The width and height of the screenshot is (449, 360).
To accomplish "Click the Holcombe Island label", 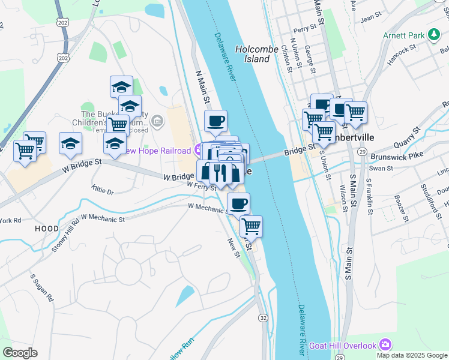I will point(253,54).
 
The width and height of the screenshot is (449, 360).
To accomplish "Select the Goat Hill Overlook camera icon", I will point(385,345).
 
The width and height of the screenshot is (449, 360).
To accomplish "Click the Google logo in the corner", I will point(20,353).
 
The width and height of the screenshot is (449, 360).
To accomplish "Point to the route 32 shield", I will point(264,317).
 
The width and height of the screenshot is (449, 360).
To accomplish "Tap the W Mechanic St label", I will point(207,207).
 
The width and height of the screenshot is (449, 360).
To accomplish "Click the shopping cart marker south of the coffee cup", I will point(252,227).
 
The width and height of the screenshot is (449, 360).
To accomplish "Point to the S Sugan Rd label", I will point(43,289).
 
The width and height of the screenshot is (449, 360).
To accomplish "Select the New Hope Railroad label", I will point(158,149).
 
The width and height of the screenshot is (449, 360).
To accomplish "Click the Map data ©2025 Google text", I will point(412,355).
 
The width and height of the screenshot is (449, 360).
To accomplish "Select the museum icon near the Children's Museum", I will point(157,121).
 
